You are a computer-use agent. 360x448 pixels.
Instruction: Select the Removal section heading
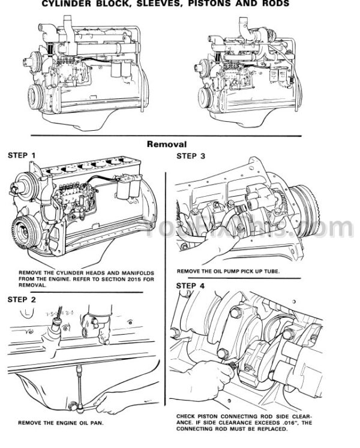pos(170,144)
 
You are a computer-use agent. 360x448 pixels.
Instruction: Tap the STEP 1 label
pos(22,155)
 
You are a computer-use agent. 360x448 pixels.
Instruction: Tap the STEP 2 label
pos(22,299)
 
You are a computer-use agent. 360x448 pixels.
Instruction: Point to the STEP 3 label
pos(191,157)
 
